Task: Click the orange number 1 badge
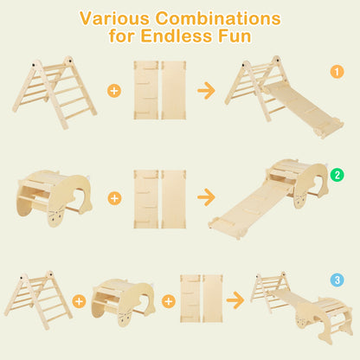point(337,73)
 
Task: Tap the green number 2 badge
point(337,176)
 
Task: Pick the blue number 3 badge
point(337,280)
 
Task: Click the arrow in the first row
point(206,89)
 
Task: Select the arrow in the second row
point(206,198)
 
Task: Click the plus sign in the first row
point(114,90)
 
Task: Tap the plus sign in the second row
point(114,198)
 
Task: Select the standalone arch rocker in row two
point(54,195)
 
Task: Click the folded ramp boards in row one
point(160,89)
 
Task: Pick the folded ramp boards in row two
point(160,198)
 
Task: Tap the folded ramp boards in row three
point(201,300)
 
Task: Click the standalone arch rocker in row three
point(122,300)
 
